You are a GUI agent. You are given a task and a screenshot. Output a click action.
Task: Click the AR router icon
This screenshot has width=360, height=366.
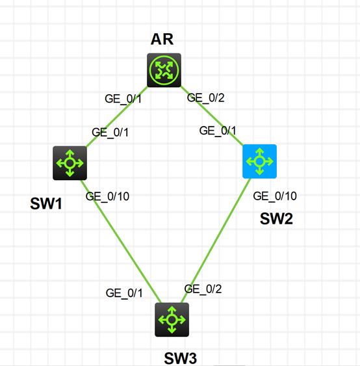(x=164, y=70)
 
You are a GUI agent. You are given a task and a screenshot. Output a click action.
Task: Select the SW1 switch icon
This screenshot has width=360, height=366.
(x=70, y=163)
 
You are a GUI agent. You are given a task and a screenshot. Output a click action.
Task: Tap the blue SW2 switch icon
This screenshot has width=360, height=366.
(x=260, y=161)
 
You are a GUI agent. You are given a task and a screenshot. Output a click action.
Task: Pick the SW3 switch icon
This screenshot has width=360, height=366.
(x=172, y=319)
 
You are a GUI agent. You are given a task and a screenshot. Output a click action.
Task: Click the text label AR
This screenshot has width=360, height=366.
(x=162, y=39)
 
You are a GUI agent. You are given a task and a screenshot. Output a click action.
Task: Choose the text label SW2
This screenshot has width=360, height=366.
(x=276, y=219)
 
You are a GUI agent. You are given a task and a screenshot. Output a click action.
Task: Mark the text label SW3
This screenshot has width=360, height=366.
(x=180, y=357)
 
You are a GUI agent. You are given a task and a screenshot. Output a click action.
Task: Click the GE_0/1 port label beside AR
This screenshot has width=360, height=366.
(x=122, y=99)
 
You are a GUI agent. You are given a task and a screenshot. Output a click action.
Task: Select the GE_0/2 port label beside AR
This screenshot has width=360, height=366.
(x=205, y=98)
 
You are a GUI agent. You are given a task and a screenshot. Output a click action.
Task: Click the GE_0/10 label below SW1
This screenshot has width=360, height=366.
(x=108, y=195)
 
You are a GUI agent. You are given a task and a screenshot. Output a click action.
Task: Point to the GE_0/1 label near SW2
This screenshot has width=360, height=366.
(x=217, y=131)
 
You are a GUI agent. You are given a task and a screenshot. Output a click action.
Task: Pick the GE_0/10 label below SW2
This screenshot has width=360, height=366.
(x=275, y=196)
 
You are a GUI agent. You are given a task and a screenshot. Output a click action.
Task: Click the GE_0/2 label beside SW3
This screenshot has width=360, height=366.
(x=203, y=289)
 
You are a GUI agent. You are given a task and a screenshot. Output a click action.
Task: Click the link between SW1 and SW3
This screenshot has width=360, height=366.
(x=123, y=247)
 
